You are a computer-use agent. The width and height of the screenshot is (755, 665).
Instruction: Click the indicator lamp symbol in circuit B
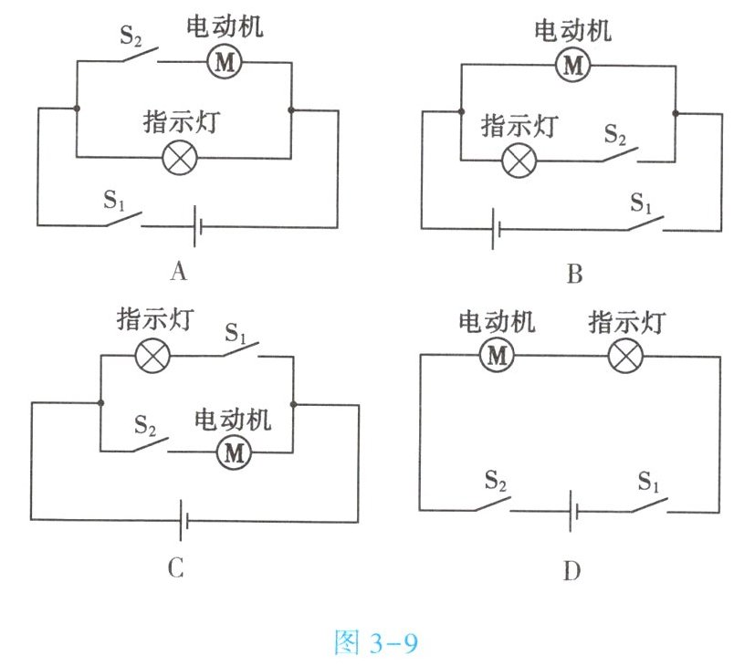click(x=519, y=161)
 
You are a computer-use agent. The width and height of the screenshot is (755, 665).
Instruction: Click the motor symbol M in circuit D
click(x=497, y=355)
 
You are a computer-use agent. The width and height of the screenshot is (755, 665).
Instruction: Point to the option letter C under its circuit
click(x=176, y=568)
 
